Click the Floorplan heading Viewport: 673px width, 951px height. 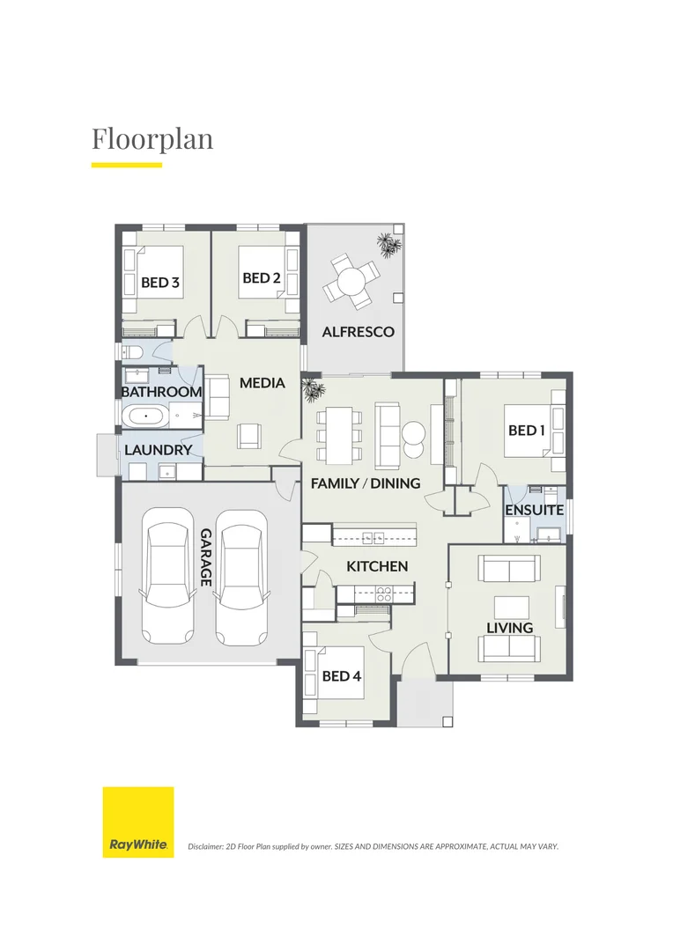click(152, 139)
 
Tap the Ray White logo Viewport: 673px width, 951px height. click(138, 822)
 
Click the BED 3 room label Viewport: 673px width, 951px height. click(160, 283)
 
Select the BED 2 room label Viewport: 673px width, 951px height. click(262, 278)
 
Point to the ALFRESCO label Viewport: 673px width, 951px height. click(358, 332)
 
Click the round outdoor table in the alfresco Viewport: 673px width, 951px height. click(351, 282)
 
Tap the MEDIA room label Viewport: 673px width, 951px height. click(263, 383)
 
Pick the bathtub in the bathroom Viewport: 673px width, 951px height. click(143, 417)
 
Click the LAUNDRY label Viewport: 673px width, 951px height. click(159, 450)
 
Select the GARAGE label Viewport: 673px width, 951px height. click(206, 557)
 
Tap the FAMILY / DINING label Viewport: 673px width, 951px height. click(366, 483)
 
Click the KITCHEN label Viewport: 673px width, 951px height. click(377, 566)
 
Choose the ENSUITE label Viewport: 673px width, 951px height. click(534, 510)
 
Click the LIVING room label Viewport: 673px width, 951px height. click(510, 628)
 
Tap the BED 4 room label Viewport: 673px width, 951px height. click(342, 676)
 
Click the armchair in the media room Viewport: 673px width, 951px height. click(249, 434)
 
